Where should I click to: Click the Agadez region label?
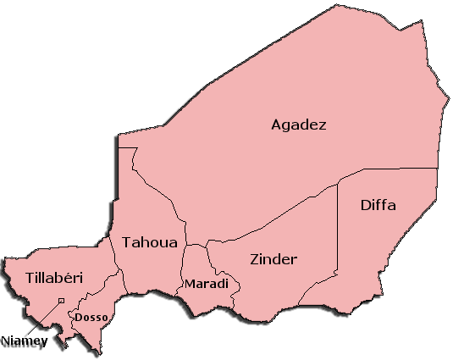pos(298,125)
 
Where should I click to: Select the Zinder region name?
pos(273,258)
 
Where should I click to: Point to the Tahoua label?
pos(150,242)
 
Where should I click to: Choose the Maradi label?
pos(207,282)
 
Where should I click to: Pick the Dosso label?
pos(89,318)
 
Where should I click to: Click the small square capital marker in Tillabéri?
pos(61,300)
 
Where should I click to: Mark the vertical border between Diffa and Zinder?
pos(338,229)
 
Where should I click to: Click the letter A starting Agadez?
pos(276,125)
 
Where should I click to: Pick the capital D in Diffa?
pos(366,205)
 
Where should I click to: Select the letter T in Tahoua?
pos(127,242)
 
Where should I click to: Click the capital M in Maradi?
pos(190,282)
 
